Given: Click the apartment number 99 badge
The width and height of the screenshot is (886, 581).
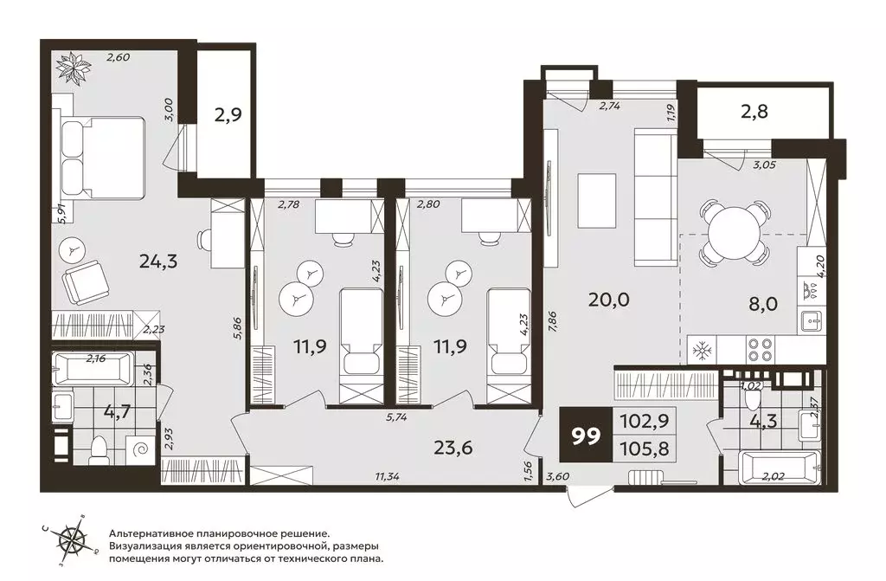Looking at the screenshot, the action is [586, 436].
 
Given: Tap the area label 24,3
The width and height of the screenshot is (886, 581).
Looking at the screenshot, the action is [158, 261].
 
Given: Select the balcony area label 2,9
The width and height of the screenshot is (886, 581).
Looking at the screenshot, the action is [228, 115].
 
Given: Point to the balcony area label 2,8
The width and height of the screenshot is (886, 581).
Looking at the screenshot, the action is [754, 112].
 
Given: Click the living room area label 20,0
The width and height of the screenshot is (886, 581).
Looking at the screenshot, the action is [608, 300].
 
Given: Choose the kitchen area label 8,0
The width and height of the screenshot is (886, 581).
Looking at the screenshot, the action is [764, 304].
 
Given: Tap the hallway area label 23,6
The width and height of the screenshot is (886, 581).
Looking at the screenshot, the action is [453, 448].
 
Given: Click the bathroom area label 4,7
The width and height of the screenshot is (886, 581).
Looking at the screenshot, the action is [117, 410].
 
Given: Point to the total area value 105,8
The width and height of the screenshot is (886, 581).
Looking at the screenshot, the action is [644, 449].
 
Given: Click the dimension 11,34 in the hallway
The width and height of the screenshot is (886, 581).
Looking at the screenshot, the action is [387, 476].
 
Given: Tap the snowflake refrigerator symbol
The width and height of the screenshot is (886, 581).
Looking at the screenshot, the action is [703, 351].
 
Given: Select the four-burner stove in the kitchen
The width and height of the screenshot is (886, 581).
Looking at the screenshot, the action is [760, 349].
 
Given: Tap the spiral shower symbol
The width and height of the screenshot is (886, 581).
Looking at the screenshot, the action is [139, 449].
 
